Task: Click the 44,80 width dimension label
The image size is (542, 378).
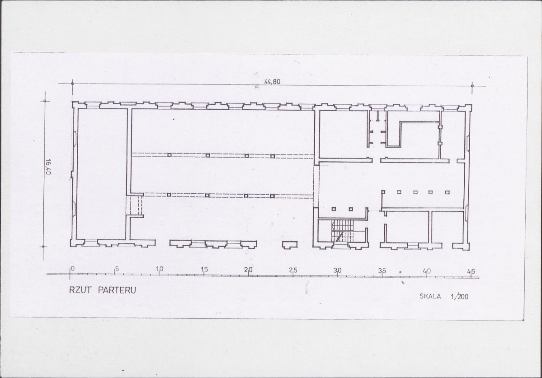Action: coord(272,82)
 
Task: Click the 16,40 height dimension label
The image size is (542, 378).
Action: coord(48,167)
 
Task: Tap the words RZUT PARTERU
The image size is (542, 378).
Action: coord(103,289)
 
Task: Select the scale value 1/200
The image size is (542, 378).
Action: coord(460,296)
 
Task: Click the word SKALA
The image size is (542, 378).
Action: coord(430,296)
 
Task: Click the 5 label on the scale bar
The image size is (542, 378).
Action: coord(117,269)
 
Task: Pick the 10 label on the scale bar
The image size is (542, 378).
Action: coord(160,269)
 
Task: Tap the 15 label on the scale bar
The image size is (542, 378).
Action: coord(204,269)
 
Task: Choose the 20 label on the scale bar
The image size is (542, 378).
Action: coord(249,270)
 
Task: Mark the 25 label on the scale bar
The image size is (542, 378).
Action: coord(293,270)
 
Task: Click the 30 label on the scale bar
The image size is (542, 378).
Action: coord(337,271)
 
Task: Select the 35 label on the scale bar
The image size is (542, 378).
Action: coord(382,271)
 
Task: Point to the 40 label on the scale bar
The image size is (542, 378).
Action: coord(427,271)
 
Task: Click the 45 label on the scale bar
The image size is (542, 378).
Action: coord(471,272)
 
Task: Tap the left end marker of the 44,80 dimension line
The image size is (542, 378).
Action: coord(72,83)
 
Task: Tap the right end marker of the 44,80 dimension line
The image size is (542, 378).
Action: coord(472,86)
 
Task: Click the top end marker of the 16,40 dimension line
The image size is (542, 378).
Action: coord(45,101)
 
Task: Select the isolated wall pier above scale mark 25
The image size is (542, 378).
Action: coord(290,245)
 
